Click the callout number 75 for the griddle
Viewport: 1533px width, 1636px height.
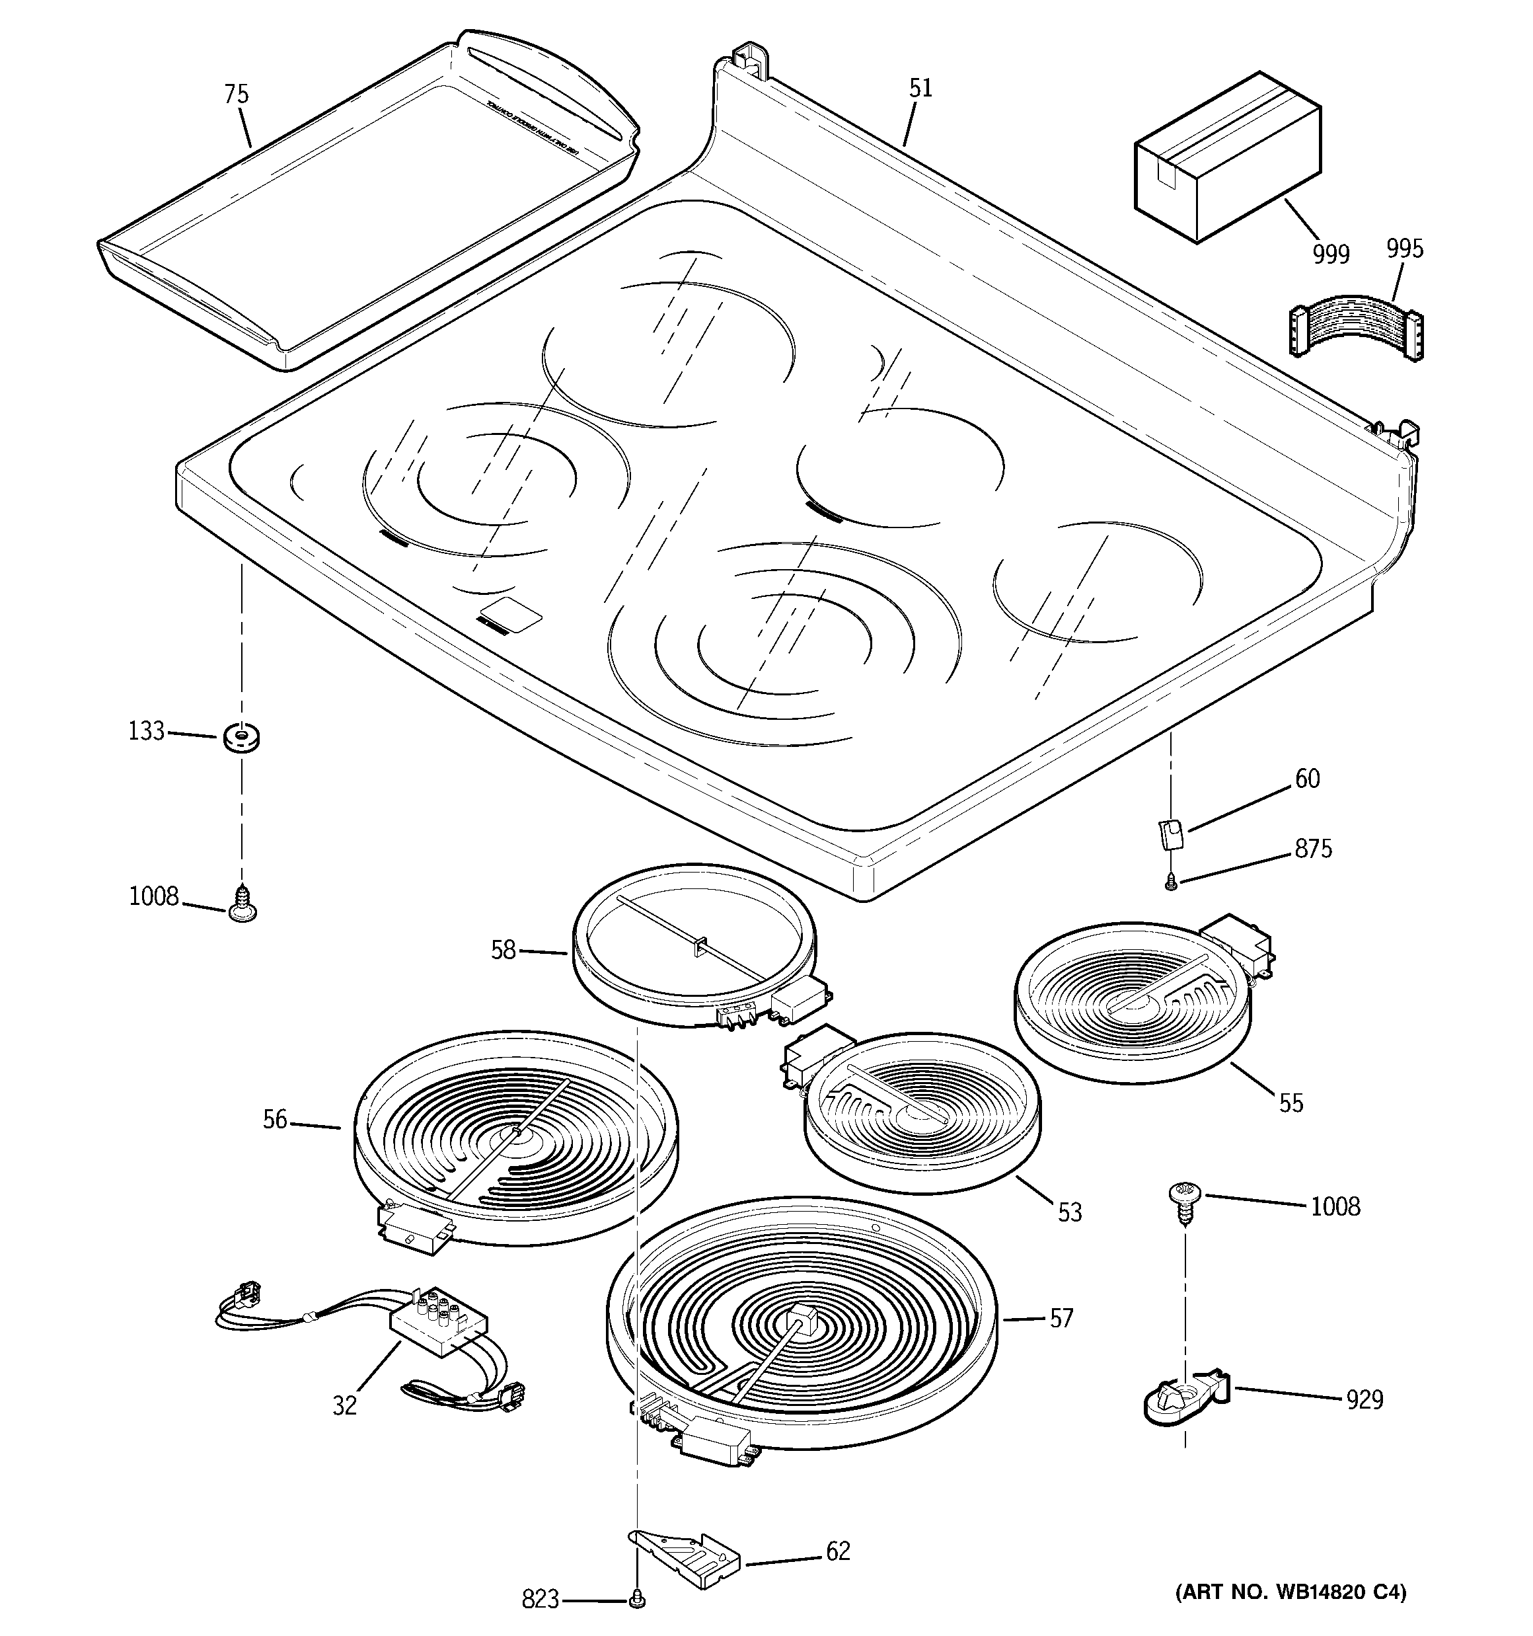236,95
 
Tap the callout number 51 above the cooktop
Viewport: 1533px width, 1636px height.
920,88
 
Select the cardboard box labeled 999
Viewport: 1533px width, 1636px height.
1226,157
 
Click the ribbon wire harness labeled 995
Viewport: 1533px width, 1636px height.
1355,333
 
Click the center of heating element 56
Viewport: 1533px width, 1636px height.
516,1134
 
